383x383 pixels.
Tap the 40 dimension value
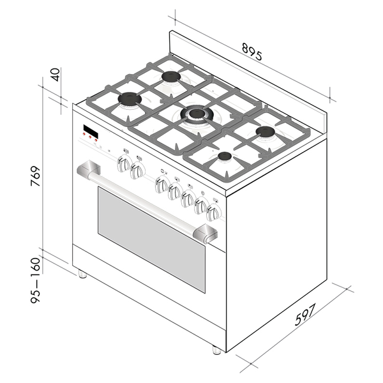56,74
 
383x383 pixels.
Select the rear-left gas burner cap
170,77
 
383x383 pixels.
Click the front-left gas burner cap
130,99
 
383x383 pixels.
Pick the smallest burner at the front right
224,156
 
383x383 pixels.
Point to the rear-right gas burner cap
266,132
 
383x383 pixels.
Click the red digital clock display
90,133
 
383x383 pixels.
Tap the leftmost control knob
123,165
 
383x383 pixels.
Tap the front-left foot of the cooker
82,274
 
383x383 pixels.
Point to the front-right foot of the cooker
216,350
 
